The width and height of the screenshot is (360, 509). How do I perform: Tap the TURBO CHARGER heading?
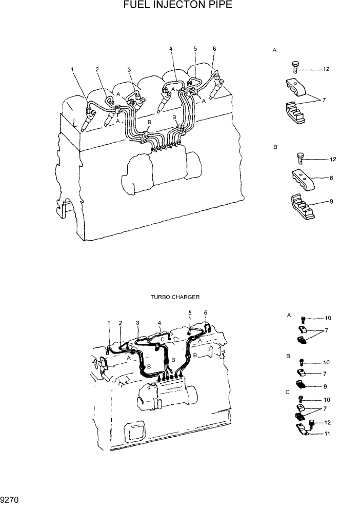coord(175,297)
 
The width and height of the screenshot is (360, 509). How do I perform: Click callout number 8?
coord(331,179)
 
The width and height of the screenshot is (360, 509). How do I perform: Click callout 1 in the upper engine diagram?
coord(72,69)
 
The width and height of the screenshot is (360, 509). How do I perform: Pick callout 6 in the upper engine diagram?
coord(214,49)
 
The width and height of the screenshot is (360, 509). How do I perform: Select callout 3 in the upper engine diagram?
coord(129,69)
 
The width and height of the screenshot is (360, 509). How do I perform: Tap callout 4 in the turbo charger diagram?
coord(159,323)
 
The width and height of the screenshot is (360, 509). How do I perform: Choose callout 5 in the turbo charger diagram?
coord(190,312)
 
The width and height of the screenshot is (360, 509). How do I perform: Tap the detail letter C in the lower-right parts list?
coord(288,393)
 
